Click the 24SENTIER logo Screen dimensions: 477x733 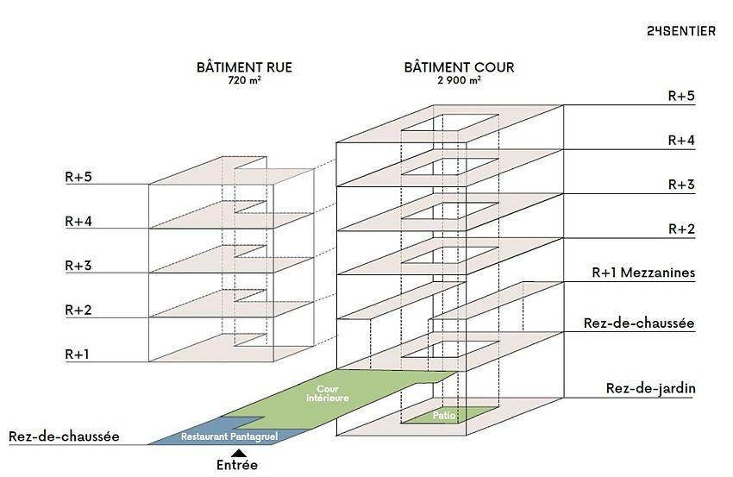point(680,31)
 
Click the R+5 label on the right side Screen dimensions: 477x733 point(681,96)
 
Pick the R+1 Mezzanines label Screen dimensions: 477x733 point(643,273)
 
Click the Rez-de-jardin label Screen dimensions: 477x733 point(651,389)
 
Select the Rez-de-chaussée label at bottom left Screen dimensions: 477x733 point(63,436)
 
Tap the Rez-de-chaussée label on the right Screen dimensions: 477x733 point(639,323)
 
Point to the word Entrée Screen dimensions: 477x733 point(236,465)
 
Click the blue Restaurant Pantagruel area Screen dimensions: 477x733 point(229,436)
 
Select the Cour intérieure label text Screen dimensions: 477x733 point(327,394)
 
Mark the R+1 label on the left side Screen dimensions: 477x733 point(78,354)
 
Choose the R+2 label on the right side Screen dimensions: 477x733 point(681,229)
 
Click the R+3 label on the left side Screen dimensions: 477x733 point(78,265)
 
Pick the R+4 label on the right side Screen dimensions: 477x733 point(681,140)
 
